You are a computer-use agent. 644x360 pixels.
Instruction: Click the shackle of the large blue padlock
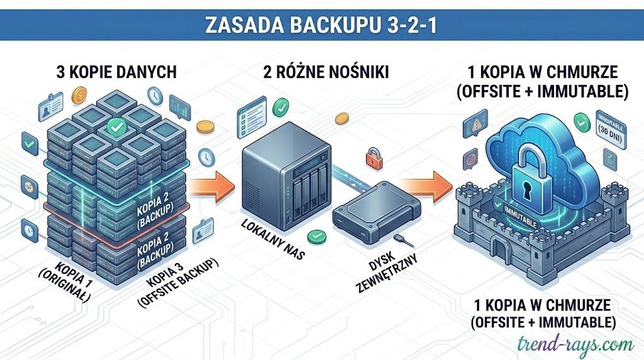pos(533,145)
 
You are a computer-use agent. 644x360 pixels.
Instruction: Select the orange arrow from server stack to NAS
pos(208,186)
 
